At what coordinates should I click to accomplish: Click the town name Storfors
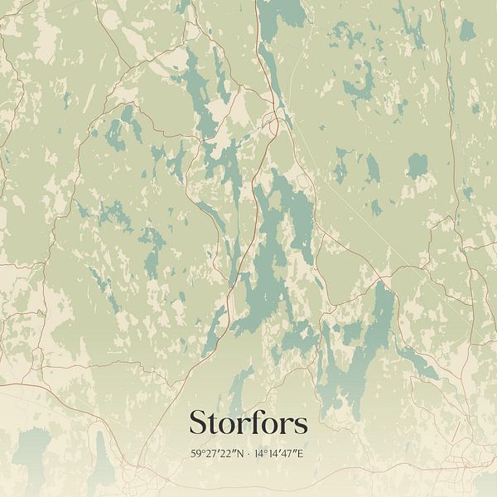tap(248, 422)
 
